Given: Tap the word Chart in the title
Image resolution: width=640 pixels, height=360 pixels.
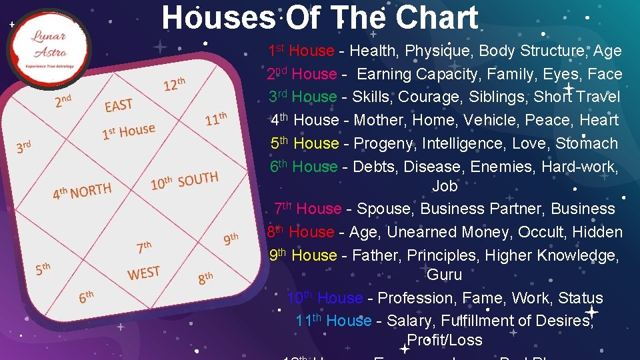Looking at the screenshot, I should pos(437,18).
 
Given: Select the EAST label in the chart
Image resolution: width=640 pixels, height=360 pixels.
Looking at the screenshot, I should pos(119,105).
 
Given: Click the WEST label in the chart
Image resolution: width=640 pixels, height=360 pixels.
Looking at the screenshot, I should pos(143,273).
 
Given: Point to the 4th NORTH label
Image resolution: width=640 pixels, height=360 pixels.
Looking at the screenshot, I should pos(82,192).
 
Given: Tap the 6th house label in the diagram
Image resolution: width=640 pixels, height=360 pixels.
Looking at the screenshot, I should pos(86,296).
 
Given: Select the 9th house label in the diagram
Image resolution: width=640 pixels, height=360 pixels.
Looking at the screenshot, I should pos(231,239).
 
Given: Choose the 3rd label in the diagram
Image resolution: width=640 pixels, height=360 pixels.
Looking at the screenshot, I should pos(24,146).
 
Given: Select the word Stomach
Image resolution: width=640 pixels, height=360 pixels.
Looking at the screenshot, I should pos(583,143).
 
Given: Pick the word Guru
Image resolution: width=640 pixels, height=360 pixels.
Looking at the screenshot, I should pos(444,274).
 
